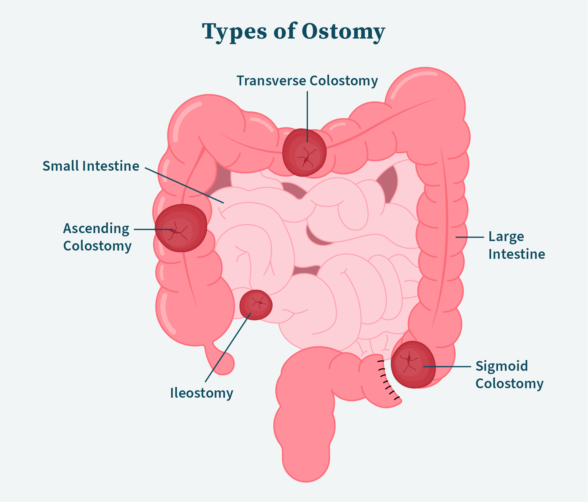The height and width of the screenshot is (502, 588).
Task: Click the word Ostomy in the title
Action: tap(343, 32)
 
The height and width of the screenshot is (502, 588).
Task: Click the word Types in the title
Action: tap(234, 32)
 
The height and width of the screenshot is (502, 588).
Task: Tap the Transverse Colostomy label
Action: tap(307, 81)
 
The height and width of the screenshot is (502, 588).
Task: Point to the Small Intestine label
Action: tap(91, 166)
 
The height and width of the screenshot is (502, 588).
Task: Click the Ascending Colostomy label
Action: tap(97, 237)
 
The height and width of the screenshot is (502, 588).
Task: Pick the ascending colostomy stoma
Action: tap(181, 228)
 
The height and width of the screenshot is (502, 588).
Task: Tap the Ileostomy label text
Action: tap(201, 393)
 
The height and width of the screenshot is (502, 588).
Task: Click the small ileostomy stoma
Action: tap(256, 305)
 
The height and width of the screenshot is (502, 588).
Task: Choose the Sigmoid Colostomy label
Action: tap(509, 375)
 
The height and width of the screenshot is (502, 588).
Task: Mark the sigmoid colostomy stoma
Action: tap(413, 365)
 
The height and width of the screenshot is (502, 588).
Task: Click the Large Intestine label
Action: tap(516, 245)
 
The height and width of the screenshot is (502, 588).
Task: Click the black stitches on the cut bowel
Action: tap(387, 379)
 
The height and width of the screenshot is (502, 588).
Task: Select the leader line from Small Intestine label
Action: tap(184, 185)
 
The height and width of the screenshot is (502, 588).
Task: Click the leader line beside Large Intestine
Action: tap(470, 237)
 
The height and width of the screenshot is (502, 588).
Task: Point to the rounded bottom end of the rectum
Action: tap(306, 471)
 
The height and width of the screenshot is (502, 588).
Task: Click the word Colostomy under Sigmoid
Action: tap(509, 384)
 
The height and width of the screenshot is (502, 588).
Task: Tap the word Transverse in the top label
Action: tap(271, 81)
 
